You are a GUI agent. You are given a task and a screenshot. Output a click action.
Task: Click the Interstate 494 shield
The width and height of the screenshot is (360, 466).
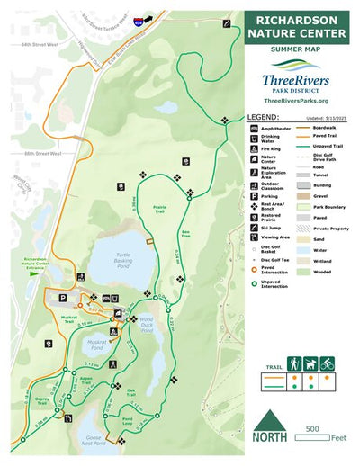[x=136, y=18]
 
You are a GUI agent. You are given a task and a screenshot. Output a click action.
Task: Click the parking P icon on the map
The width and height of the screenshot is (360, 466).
[x=64, y=298]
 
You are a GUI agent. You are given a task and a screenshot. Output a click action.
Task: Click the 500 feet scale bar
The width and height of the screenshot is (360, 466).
[x=319, y=430]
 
